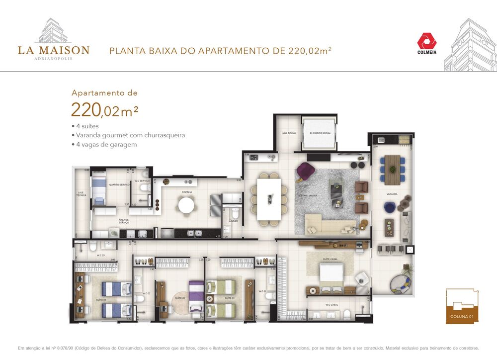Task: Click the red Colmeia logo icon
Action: click(426, 41)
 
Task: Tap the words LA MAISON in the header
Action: click(54, 50)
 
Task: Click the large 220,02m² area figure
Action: click(104, 109)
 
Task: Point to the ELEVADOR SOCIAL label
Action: click(320, 133)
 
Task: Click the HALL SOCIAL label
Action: click(289, 133)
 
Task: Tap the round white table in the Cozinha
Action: click(186, 205)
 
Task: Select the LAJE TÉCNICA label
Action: click(81, 194)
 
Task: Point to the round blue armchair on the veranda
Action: click(389, 206)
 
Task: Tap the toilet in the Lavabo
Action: click(227, 230)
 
